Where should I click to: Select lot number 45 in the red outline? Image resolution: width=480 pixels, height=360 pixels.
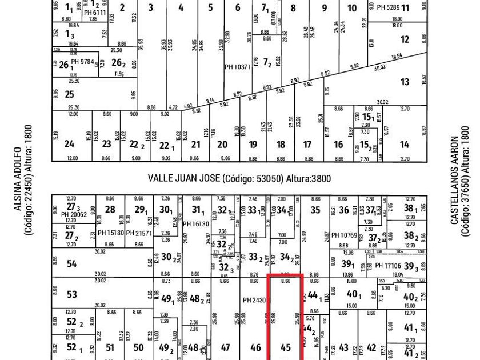285,347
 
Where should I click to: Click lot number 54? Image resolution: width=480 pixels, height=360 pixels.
71,263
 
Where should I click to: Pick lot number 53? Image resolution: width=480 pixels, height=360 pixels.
71,294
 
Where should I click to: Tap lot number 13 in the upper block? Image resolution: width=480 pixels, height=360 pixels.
405,82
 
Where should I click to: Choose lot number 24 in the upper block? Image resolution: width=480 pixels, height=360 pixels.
69,144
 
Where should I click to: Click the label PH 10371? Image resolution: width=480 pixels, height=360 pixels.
237,67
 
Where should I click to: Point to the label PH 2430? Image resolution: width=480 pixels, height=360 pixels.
254,300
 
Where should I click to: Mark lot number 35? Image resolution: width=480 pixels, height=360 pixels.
315,210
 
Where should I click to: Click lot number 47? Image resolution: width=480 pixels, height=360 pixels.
226,347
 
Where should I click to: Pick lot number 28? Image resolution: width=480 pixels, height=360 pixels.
110,210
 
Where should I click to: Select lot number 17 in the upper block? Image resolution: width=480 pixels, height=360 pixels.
307,145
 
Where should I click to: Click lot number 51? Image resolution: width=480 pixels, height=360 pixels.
110,347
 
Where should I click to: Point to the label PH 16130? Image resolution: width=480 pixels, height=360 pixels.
196,224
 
